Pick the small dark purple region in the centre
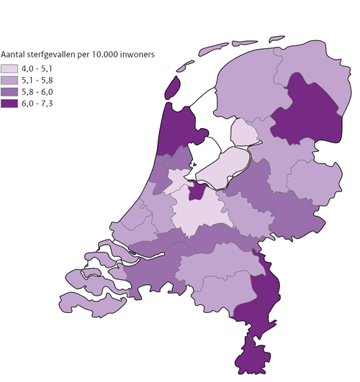click(194, 191)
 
